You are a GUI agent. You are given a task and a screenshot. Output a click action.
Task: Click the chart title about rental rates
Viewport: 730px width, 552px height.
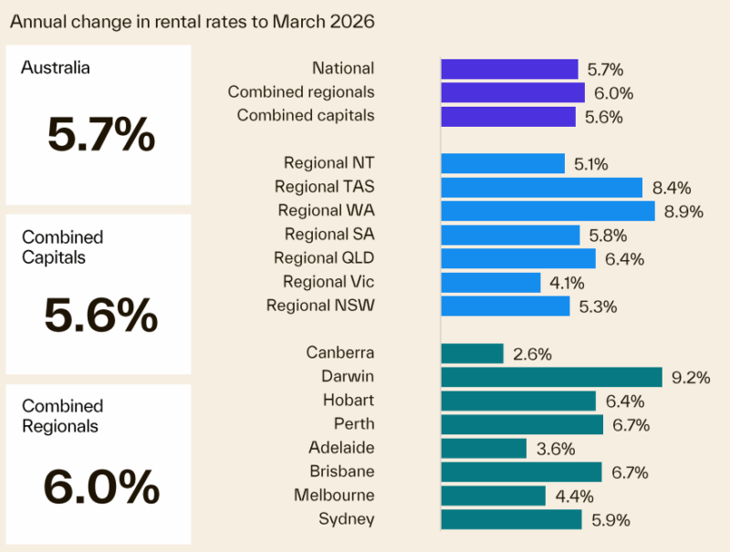coord(193,21)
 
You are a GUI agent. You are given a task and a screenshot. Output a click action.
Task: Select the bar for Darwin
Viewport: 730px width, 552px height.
coord(551,377)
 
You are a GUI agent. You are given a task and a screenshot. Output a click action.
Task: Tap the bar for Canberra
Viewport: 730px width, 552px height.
coord(472,353)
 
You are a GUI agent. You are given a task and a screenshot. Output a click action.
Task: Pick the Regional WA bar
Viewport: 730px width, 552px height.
coord(547,211)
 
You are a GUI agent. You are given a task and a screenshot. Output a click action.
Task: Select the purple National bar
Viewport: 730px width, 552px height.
coord(509,68)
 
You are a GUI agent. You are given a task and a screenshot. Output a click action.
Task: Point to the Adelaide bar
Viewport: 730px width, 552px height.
coord(484,448)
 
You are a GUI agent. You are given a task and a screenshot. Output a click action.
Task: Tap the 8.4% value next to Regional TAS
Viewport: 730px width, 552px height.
coord(672,188)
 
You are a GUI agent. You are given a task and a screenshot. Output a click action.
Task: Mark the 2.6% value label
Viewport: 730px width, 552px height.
coord(532,354)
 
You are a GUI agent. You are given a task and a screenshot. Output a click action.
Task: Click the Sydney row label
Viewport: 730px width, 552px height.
coord(346,519)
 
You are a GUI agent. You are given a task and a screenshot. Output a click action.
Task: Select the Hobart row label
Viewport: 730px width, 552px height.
coord(349,401)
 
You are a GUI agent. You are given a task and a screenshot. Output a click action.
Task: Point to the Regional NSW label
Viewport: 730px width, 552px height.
coord(320,306)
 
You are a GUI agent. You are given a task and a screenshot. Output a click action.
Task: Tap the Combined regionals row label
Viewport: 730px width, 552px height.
coord(301,92)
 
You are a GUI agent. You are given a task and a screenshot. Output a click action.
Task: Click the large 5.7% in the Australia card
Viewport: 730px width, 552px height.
coord(100,135)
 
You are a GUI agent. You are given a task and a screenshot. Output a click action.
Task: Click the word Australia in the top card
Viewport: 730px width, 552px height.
coord(57,68)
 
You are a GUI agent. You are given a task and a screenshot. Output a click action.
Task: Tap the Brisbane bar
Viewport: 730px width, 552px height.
coord(521,472)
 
